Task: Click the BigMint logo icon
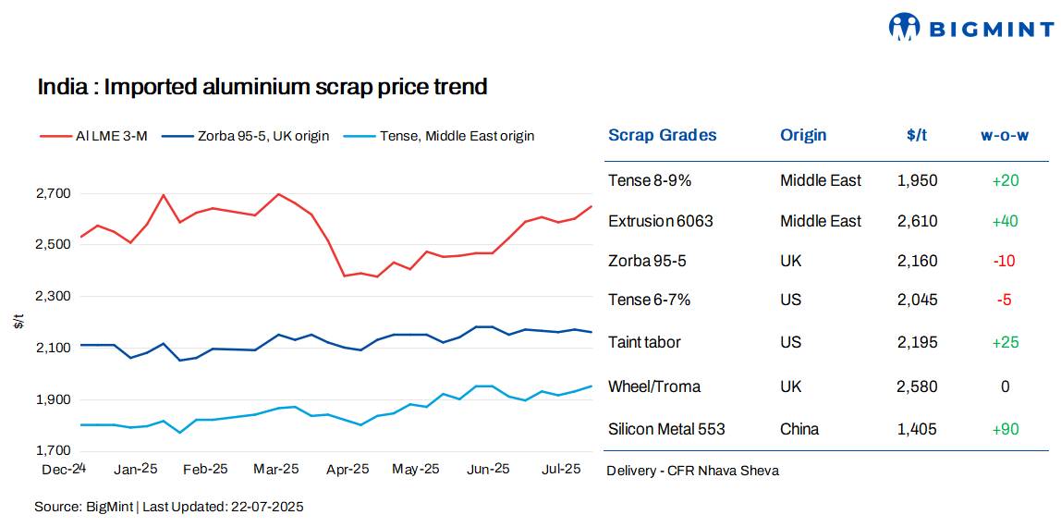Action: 904,27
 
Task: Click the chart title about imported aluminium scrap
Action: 262,87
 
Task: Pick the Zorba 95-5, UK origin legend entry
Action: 245,136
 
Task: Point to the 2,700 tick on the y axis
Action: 52,193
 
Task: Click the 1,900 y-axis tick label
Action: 52,399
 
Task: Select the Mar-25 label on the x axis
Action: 276,469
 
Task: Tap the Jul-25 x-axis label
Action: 559,469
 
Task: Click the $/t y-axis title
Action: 19,322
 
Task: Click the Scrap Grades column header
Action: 662,135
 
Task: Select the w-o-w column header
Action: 1005,135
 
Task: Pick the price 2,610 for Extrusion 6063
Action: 917,221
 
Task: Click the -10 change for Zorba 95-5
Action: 1004,261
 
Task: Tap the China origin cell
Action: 799,429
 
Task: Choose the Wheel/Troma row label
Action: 653,386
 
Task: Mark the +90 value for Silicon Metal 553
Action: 1005,429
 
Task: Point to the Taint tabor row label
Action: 644,342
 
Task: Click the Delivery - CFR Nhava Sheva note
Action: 692,471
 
